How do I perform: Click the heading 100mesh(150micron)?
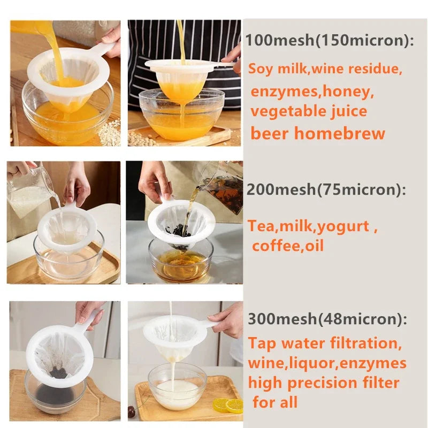330,41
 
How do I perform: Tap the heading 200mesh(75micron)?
325,189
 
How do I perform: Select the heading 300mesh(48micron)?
327,319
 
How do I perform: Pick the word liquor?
318,364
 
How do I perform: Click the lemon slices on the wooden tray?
228,404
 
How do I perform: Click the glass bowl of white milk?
177,388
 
